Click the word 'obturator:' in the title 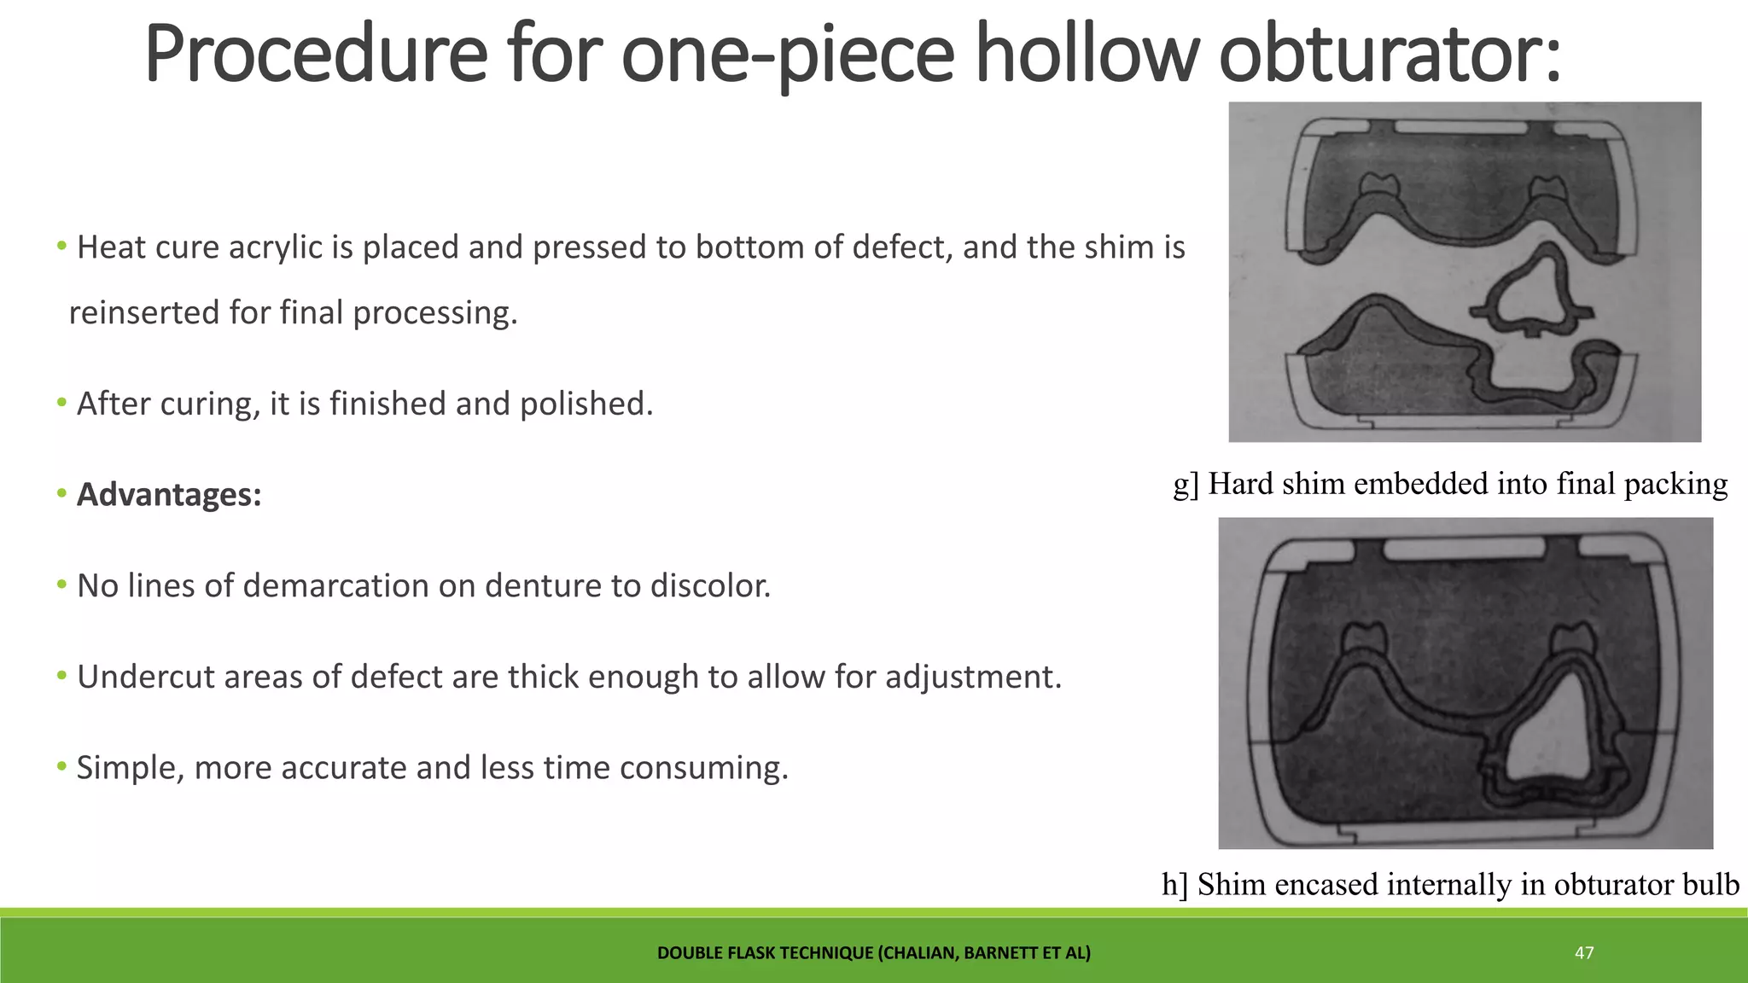1390,55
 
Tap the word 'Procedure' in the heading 316,55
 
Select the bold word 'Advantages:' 169,495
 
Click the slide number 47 1584,953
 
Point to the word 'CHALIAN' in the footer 917,953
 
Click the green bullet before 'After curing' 61,402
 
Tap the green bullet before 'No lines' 61,585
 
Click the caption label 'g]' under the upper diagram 1186,485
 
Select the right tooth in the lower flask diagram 1573,637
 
